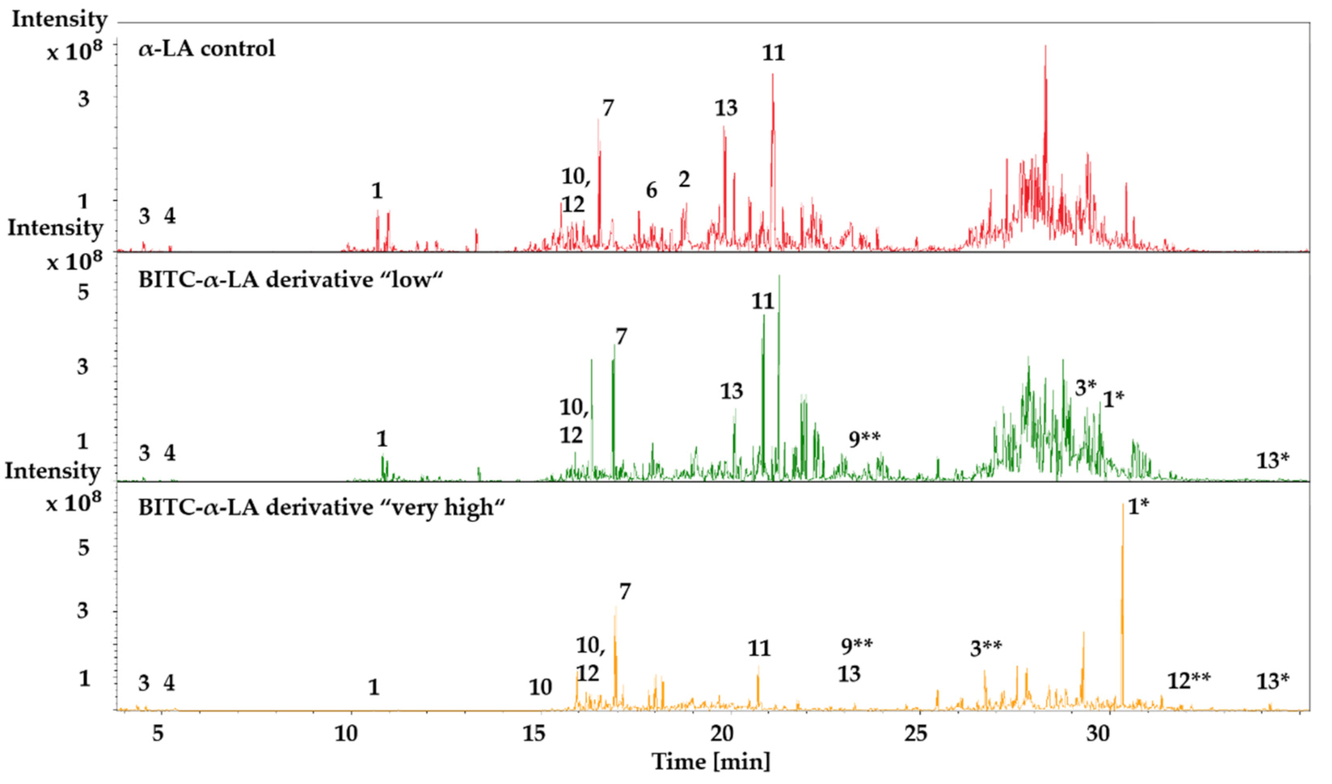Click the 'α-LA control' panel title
pyautogui.click(x=207, y=49)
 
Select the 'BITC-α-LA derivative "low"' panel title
pyautogui.click(x=291, y=280)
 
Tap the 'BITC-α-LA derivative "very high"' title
pyautogui.click(x=321, y=508)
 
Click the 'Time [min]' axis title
pyautogui.click(x=710, y=761)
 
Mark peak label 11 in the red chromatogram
pyautogui.click(x=773, y=53)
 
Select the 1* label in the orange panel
pyautogui.click(x=1138, y=506)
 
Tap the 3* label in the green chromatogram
pyautogui.click(x=1085, y=388)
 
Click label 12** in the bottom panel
pyautogui.click(x=1189, y=681)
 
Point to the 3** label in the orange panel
pyautogui.click(x=986, y=648)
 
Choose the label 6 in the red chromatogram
pyautogui.click(x=651, y=191)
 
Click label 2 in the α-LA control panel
pyautogui.click(x=684, y=180)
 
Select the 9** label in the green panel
pyautogui.click(x=864, y=439)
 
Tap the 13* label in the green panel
pyautogui.click(x=1273, y=460)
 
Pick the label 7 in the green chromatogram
pyautogui.click(x=621, y=337)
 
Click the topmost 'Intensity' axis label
pyautogui.click(x=59, y=19)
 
